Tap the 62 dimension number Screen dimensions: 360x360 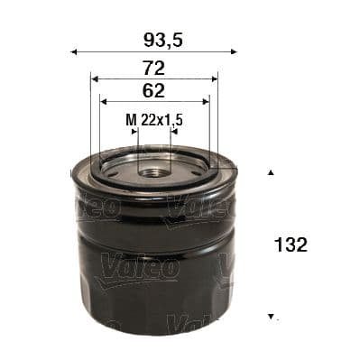click(153, 90)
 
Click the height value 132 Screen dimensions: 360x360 click(293, 245)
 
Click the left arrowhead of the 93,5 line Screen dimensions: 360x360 click(73, 51)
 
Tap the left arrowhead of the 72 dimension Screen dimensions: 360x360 click(94, 79)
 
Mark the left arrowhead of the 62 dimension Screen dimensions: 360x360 click(103, 101)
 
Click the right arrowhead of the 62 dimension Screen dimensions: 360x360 click(207, 101)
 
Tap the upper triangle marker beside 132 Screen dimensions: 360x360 click(270, 171)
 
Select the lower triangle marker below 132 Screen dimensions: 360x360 click(270, 318)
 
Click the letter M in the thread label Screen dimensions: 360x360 click(129, 119)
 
